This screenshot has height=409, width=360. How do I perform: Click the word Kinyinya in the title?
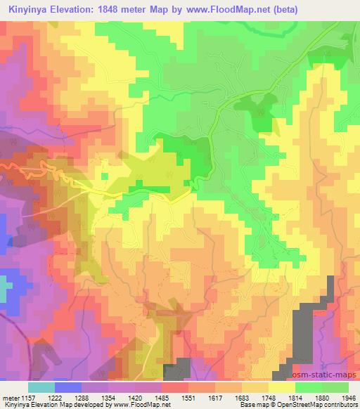tap(30, 10)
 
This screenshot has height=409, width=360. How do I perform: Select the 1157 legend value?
tap(25, 398)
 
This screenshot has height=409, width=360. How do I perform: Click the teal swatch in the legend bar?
tap(41, 387)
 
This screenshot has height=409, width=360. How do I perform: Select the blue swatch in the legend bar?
tap(68, 387)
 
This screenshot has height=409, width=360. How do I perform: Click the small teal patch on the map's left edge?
tap(4, 288)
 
